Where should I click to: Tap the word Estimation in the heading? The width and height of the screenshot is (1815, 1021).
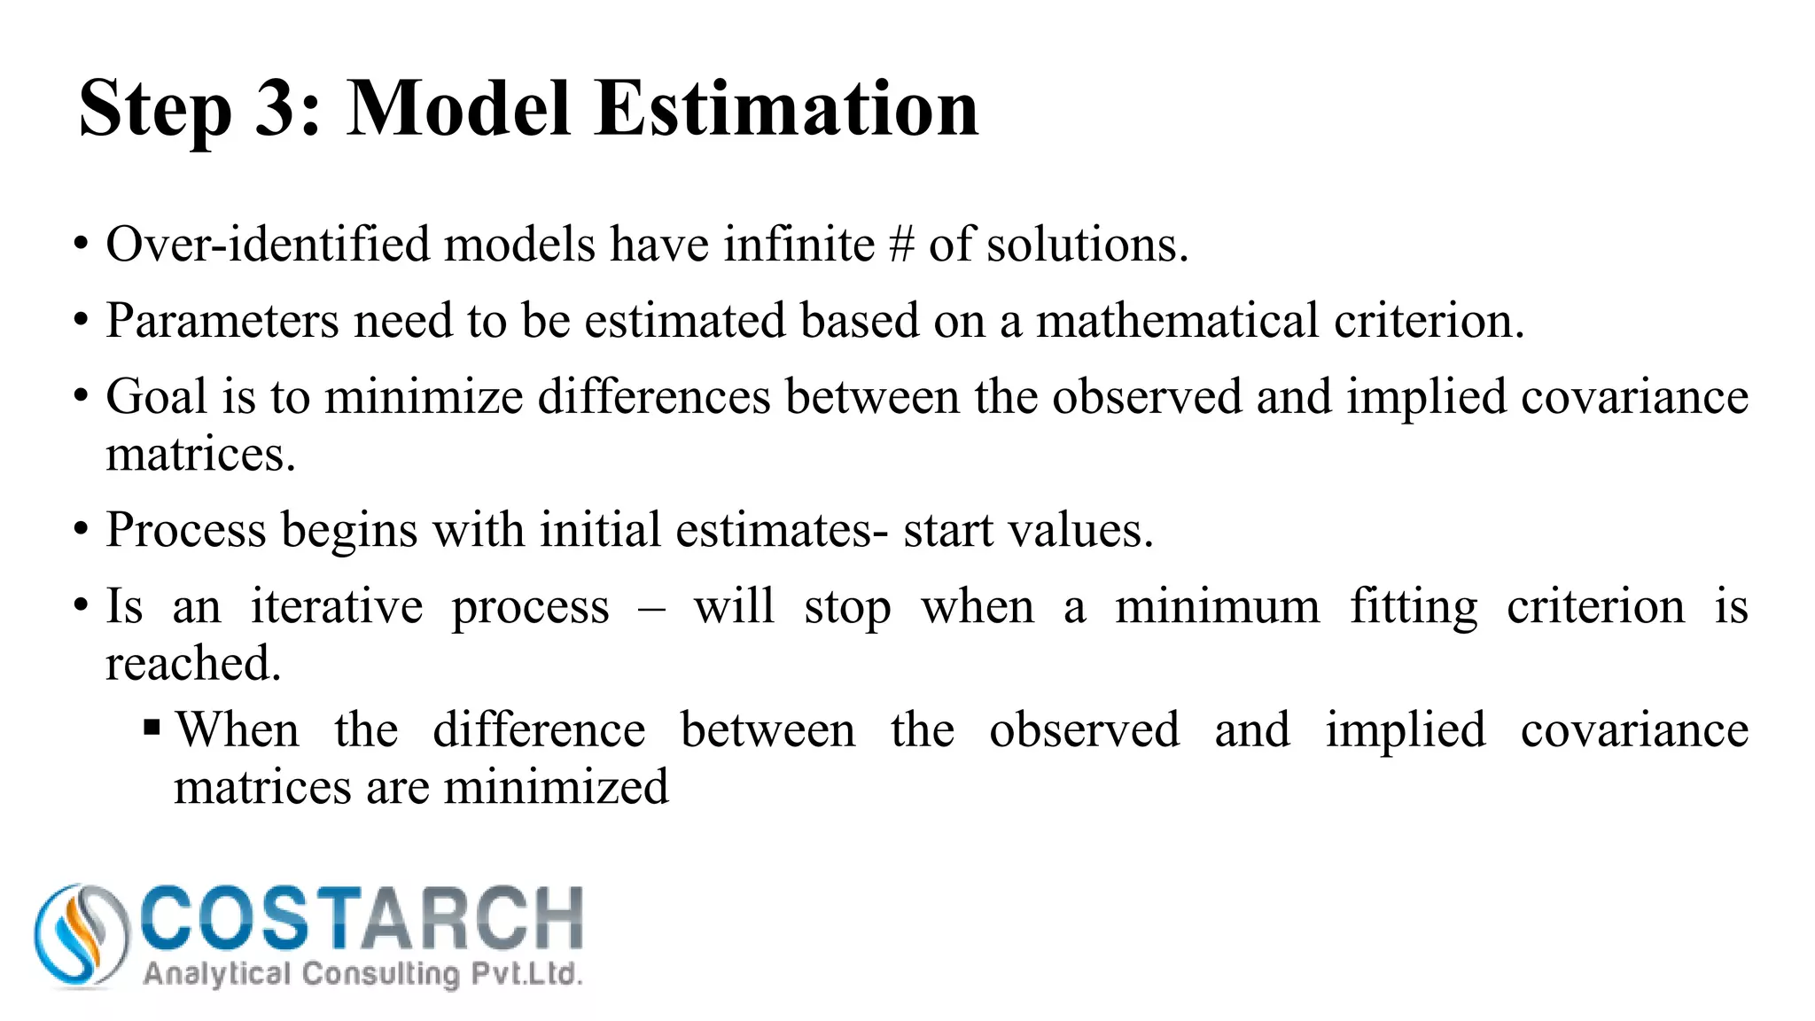(x=786, y=108)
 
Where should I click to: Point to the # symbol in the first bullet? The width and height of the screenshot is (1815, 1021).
(x=901, y=245)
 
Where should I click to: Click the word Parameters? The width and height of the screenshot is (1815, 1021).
(x=222, y=320)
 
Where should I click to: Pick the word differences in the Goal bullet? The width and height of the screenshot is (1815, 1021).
(x=654, y=396)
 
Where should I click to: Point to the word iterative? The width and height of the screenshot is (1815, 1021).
(x=337, y=607)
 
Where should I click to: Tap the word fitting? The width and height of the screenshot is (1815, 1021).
(x=1414, y=608)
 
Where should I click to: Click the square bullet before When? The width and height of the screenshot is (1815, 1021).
(x=152, y=729)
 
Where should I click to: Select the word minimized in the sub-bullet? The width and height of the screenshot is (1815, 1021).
(x=557, y=787)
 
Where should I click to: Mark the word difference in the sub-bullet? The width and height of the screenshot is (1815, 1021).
(x=539, y=730)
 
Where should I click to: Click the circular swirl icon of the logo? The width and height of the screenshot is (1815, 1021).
(x=81, y=935)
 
